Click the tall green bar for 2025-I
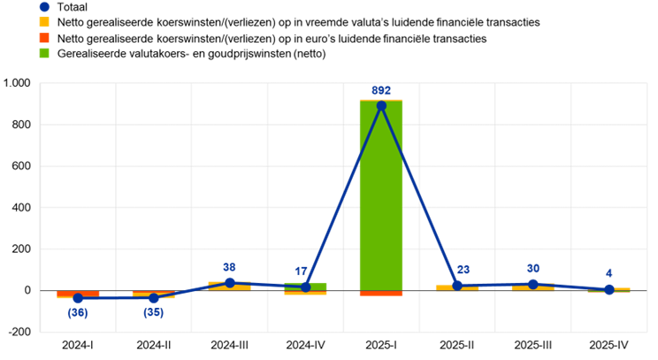point(381,195)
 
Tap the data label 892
point(381,90)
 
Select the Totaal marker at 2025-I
point(381,106)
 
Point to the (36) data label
point(78,312)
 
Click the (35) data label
point(154,312)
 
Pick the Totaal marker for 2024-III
point(230,283)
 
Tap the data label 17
point(301,272)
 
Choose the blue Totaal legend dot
point(44,7)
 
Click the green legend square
point(44,53)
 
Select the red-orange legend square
point(44,38)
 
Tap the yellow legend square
point(44,22)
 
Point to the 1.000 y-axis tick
point(17,83)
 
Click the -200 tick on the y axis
point(19,332)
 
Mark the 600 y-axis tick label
point(23,166)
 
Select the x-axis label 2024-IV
point(305,345)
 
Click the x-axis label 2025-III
point(533,345)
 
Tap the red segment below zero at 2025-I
point(381,294)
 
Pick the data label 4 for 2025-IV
point(608,273)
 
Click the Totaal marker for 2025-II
point(457,286)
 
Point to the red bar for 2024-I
point(78,294)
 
